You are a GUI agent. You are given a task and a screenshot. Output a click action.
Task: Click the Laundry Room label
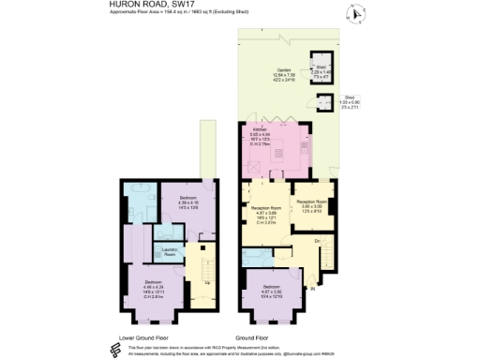[171, 250]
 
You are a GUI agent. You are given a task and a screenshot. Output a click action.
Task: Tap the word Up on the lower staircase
[197, 282]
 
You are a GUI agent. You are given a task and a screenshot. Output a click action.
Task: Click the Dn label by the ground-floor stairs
[318, 242]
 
